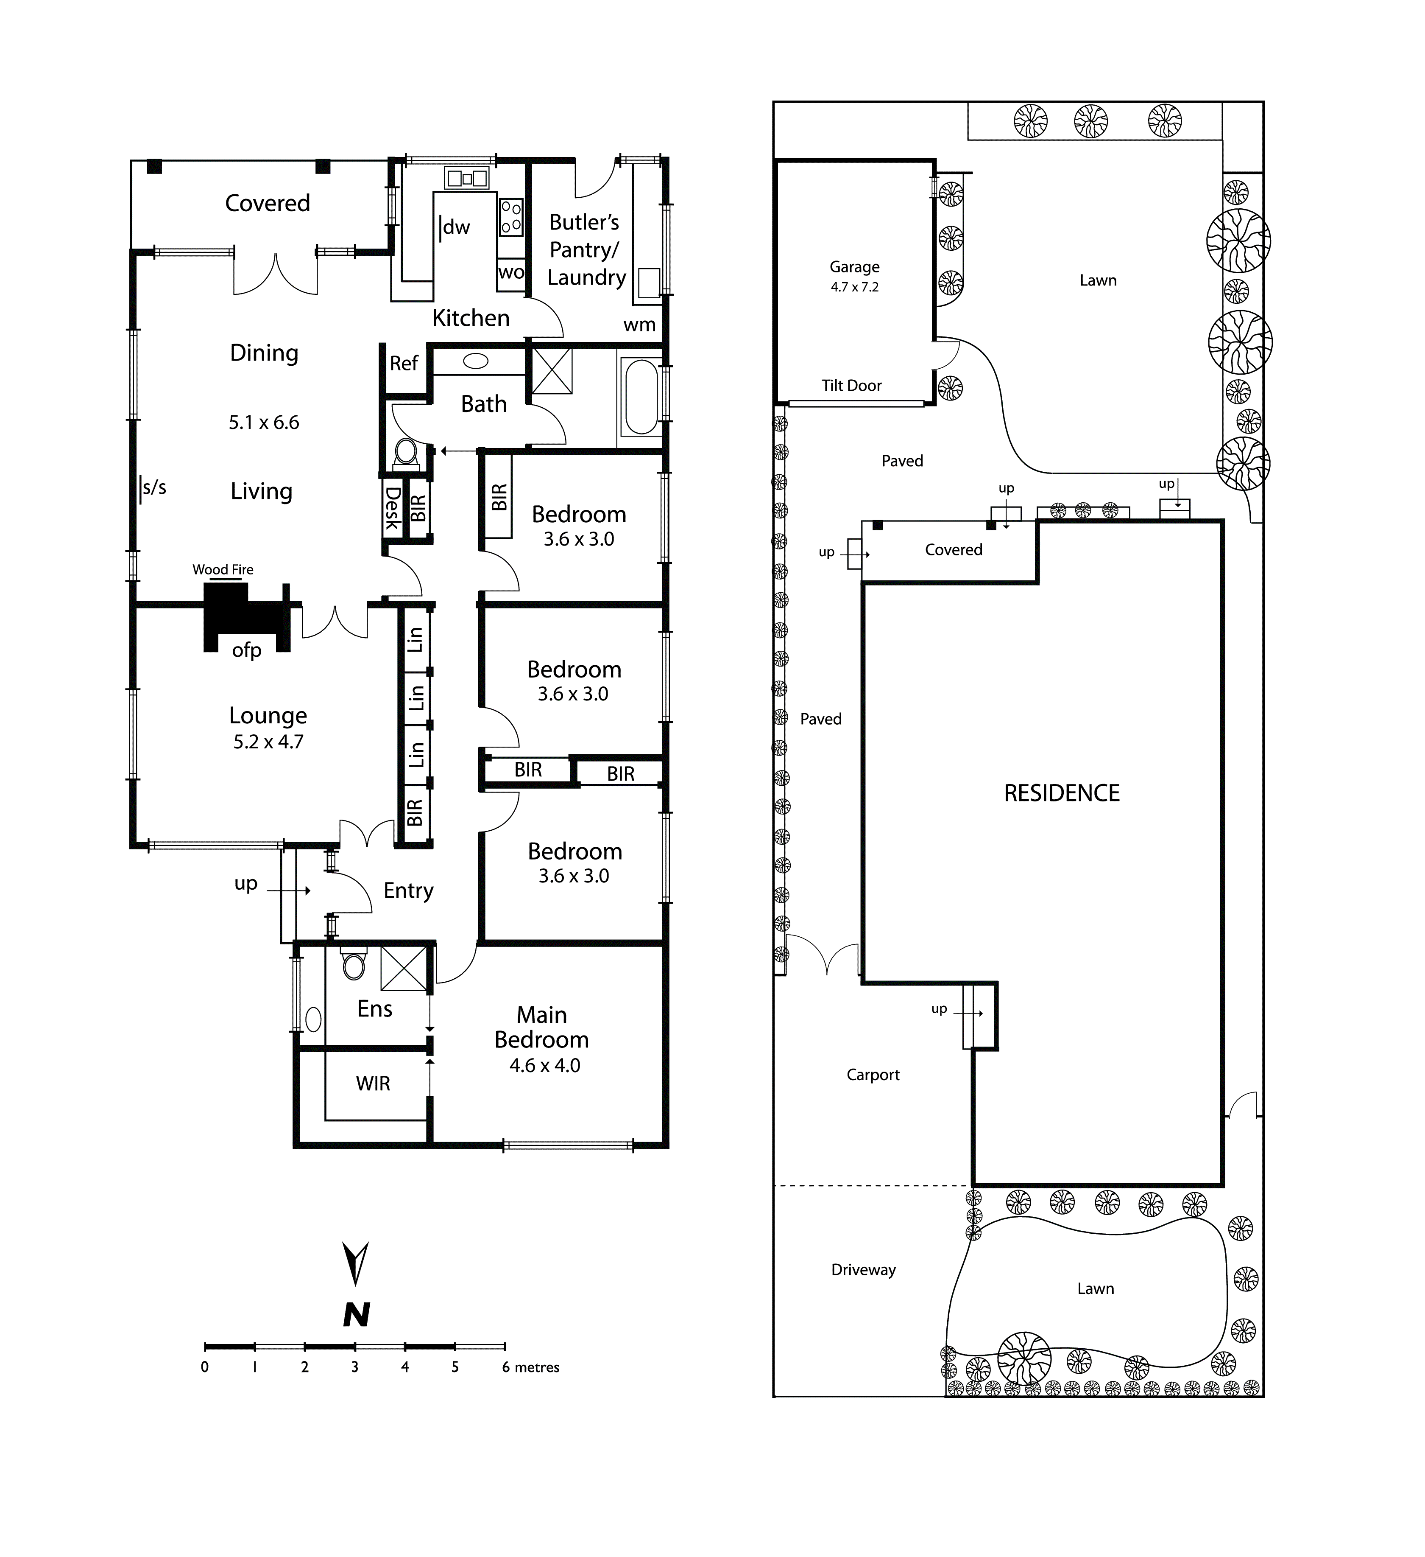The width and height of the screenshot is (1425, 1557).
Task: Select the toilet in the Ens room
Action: pyautogui.click(x=354, y=965)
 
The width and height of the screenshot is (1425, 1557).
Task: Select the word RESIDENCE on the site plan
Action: pyautogui.click(x=1061, y=793)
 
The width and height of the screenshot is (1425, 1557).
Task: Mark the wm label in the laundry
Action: pyautogui.click(x=639, y=325)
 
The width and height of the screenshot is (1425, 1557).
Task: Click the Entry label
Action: pyautogui.click(x=408, y=891)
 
